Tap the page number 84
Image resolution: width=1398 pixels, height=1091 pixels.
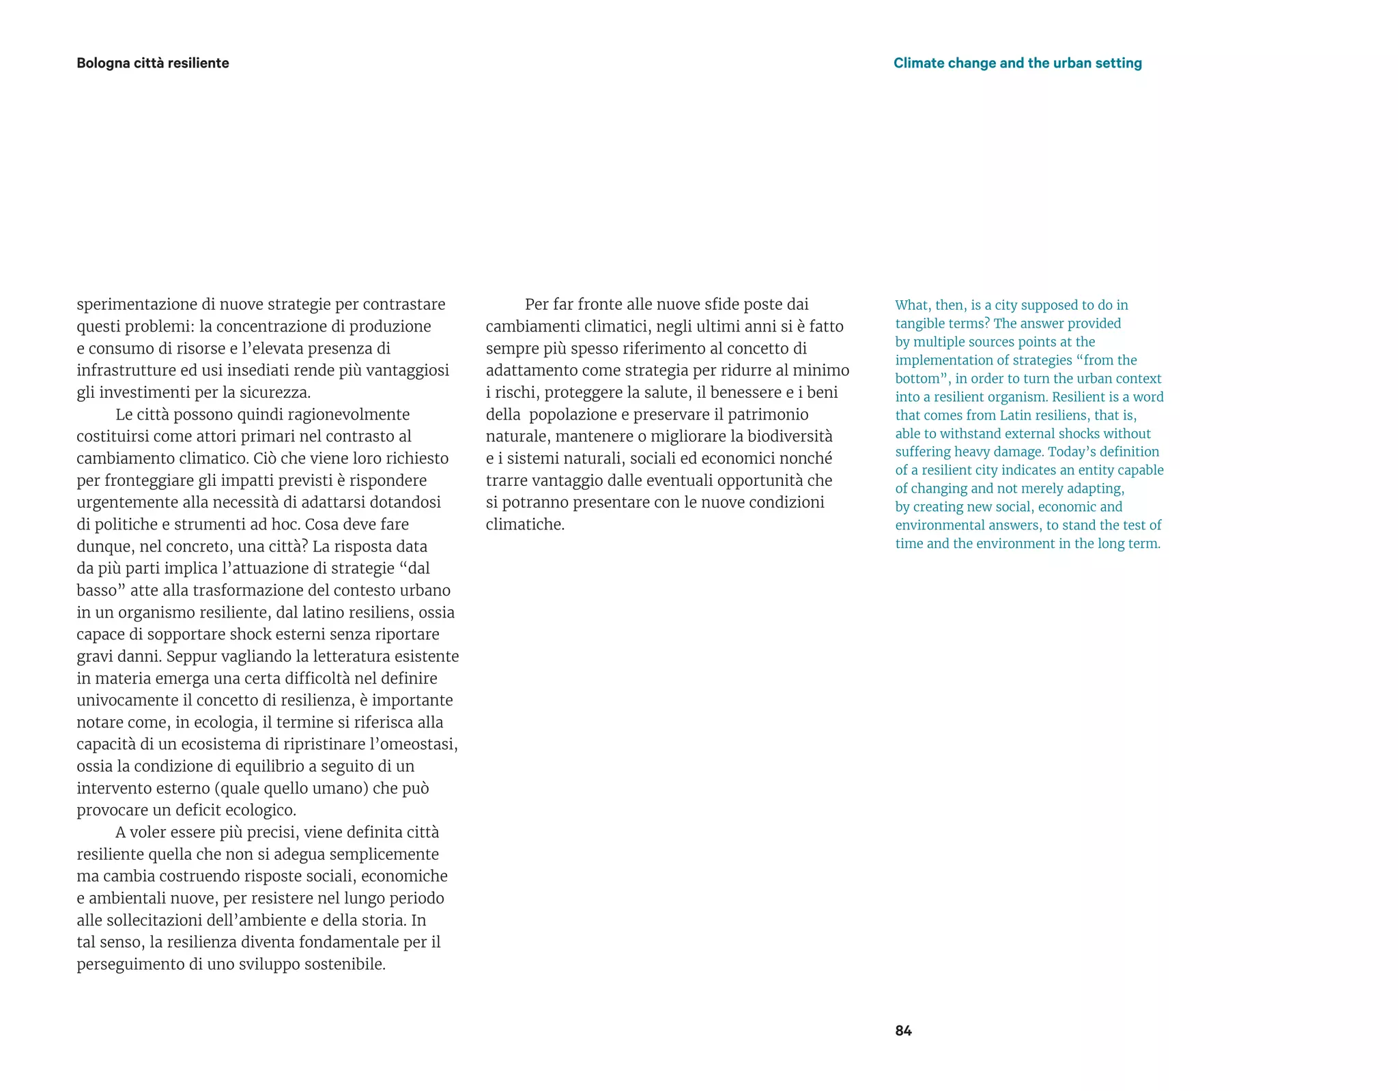tap(903, 1030)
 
